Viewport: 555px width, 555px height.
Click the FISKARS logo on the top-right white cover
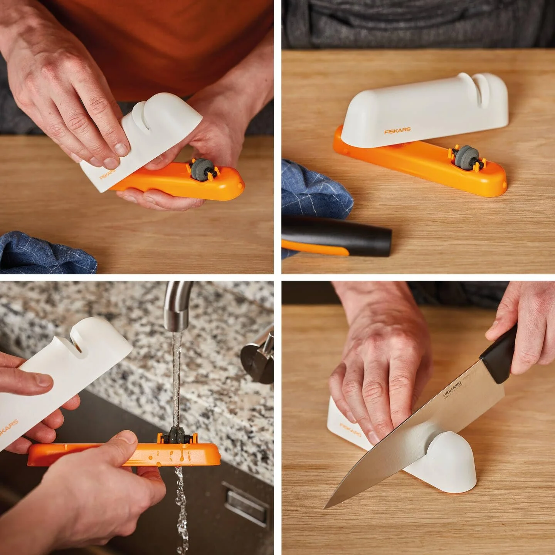click(397, 131)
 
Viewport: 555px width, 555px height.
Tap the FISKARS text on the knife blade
click(452, 389)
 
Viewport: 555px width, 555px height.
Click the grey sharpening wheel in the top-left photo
click(199, 168)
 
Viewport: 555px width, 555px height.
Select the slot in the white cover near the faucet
click(77, 343)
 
